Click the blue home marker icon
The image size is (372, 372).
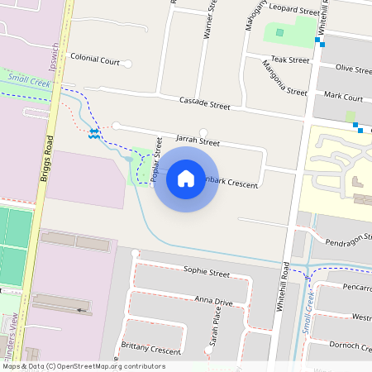pos(186,178)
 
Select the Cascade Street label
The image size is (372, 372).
pos(204,103)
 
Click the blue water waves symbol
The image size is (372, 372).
pos(94,132)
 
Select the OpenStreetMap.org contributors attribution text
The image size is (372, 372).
pos(116,366)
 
